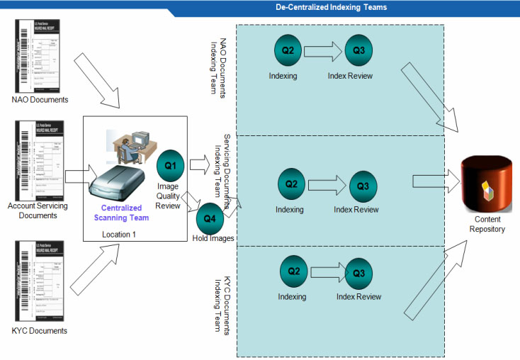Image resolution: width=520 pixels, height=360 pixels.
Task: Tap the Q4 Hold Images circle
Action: point(210,219)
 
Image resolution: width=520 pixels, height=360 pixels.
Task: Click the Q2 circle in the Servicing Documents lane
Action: point(291,184)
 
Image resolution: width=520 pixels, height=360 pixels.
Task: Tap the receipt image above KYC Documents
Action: point(40,281)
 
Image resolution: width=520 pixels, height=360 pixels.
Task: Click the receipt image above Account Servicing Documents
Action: point(40,162)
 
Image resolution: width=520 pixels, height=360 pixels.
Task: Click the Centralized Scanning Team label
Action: point(121,213)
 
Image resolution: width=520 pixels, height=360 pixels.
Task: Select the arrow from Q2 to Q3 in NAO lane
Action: point(324,50)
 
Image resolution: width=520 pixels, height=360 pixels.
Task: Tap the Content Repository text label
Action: point(487,225)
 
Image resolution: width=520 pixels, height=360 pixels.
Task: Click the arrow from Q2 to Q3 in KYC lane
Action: point(325,272)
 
